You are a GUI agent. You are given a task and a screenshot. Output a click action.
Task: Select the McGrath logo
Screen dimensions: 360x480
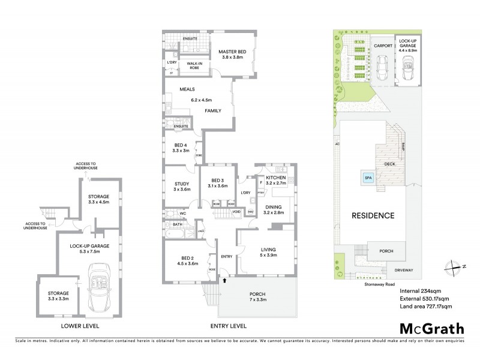point(431,328)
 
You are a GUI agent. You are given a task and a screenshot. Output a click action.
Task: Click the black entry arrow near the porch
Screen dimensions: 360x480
point(225,280)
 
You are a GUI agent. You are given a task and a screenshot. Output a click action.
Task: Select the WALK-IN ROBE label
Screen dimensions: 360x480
point(194,65)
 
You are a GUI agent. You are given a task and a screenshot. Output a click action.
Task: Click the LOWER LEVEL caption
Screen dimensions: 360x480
point(80,326)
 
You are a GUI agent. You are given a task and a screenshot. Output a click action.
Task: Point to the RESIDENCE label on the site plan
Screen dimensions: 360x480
point(373,216)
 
